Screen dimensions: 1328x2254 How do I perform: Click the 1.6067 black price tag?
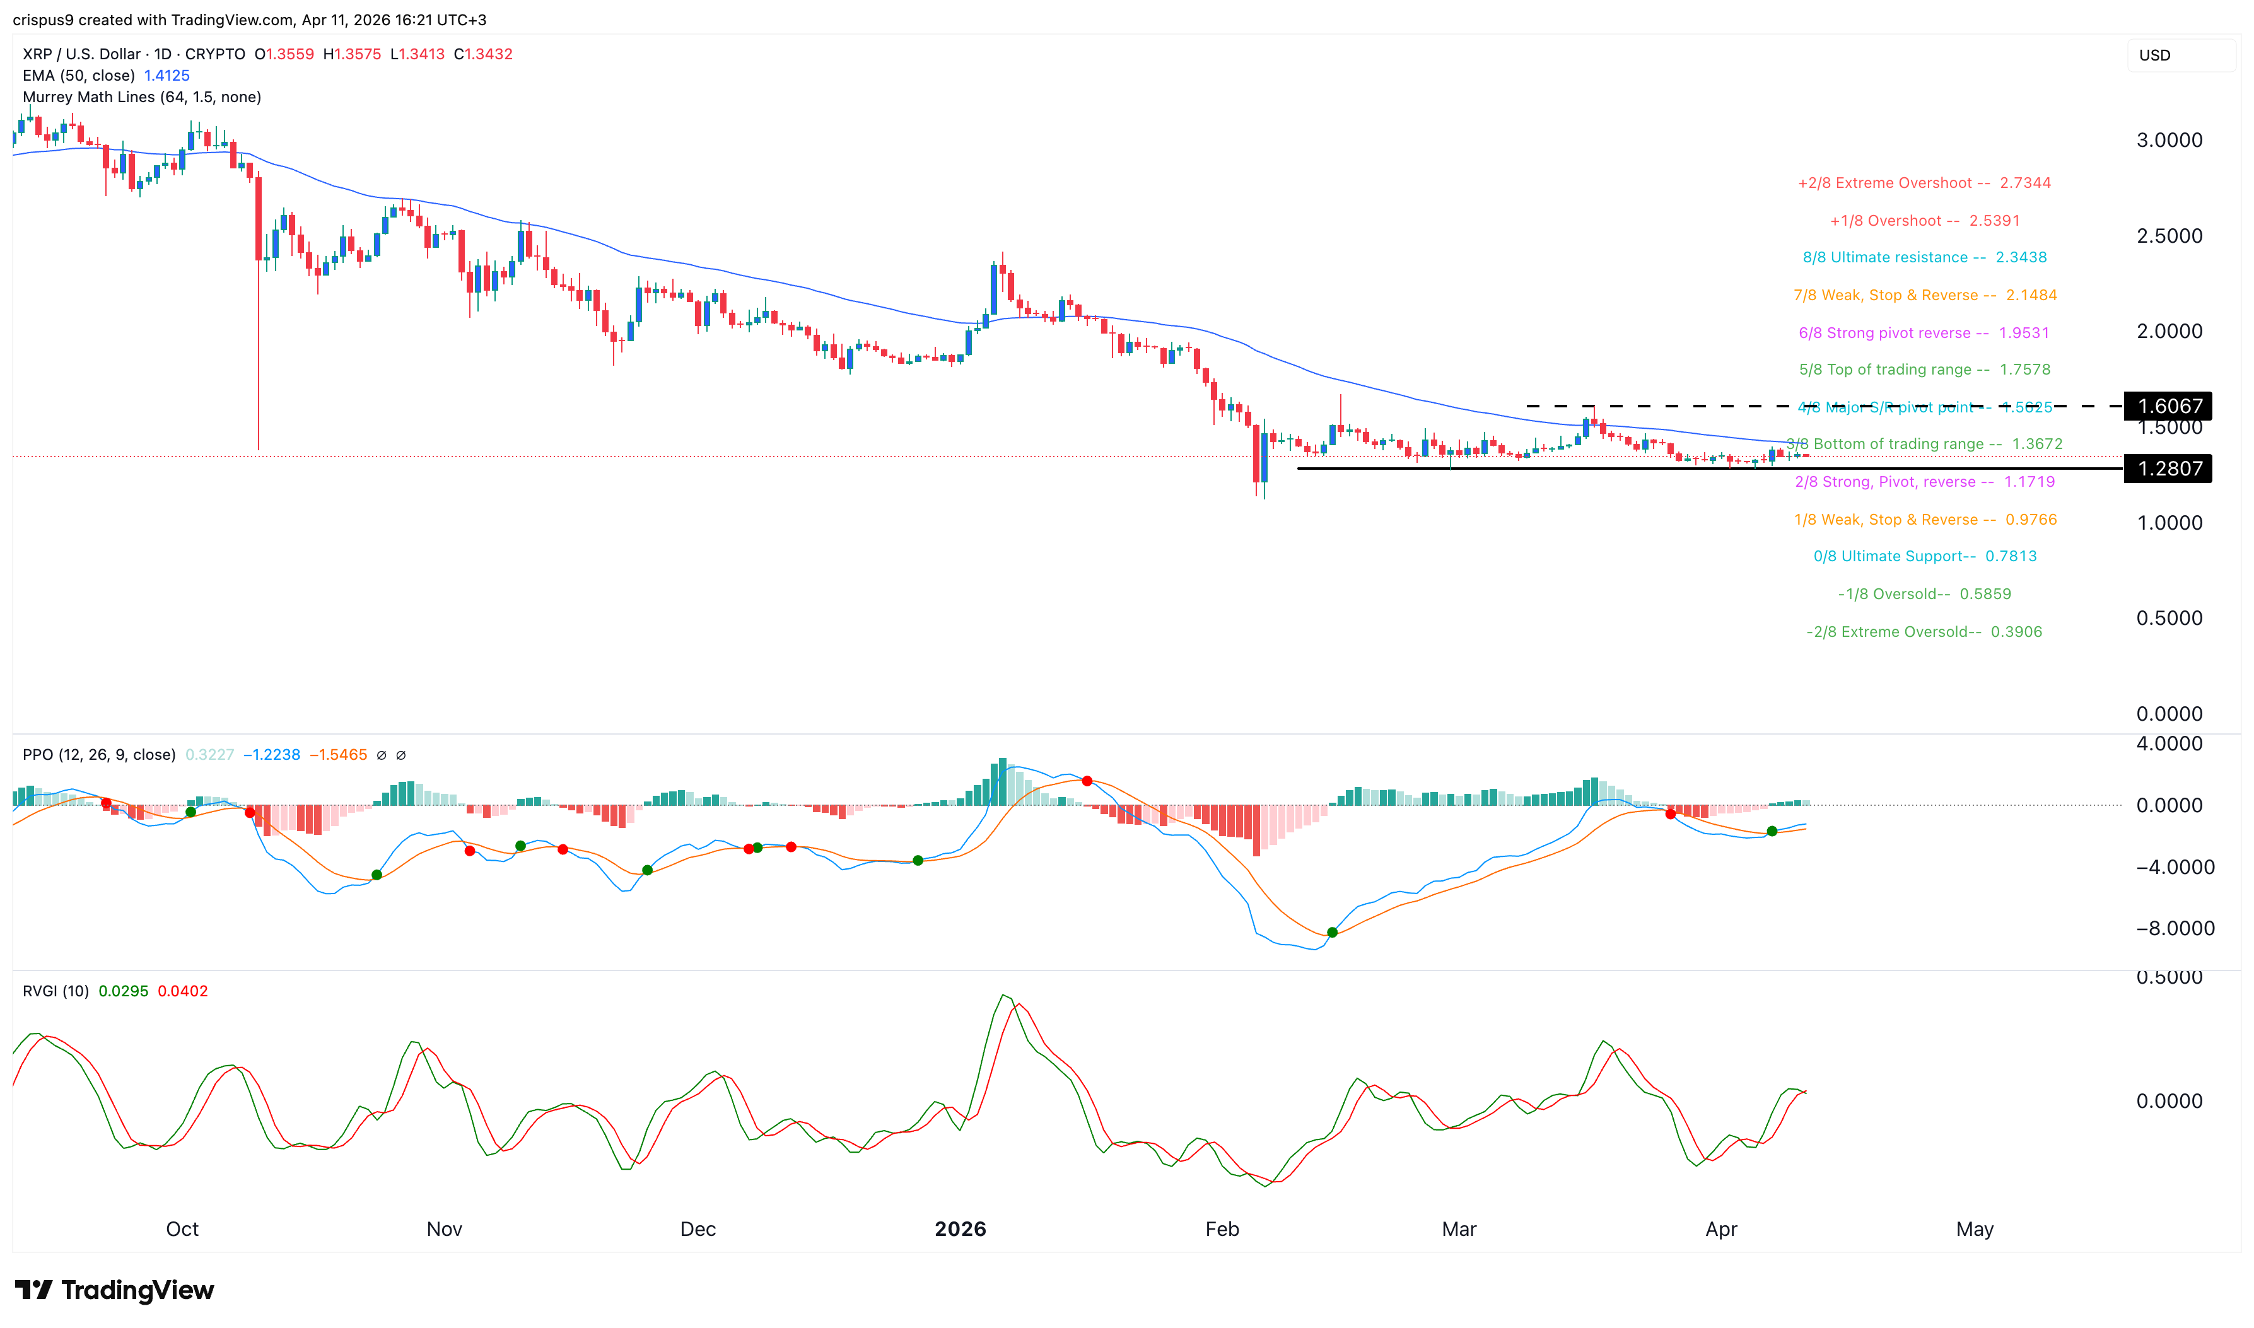(x=2168, y=406)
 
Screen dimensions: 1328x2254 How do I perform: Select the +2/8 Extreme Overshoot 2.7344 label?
(x=1924, y=183)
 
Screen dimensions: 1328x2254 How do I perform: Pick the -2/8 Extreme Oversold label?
(x=1924, y=632)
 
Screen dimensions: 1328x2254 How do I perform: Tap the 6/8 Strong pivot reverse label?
(x=1923, y=333)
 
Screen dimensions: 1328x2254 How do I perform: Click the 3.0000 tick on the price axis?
(x=2169, y=141)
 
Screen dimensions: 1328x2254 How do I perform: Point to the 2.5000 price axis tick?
(x=2169, y=236)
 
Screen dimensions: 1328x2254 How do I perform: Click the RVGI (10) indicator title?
(x=55, y=991)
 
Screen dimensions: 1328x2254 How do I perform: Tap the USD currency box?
(x=2155, y=55)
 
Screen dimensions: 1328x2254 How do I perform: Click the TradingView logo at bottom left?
(x=115, y=1290)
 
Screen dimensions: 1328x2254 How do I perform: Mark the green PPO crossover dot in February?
(x=1333, y=933)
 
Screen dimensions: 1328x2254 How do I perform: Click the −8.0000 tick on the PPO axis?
(x=2175, y=929)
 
